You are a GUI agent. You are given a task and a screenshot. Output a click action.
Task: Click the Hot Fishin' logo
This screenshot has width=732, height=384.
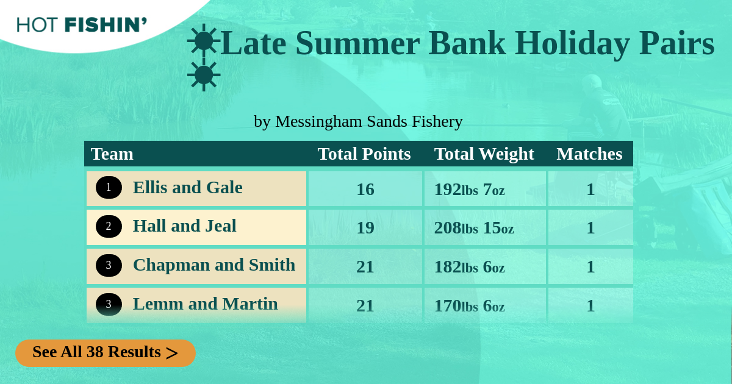[x=82, y=25]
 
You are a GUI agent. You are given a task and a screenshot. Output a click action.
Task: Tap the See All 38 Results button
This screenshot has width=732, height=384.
[x=106, y=353]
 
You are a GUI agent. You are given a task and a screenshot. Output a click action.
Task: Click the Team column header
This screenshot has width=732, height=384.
[x=112, y=154]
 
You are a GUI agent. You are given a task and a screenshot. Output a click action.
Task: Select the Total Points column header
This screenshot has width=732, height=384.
[x=364, y=154]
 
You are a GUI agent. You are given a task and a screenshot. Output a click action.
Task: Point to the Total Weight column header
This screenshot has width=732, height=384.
[x=484, y=154]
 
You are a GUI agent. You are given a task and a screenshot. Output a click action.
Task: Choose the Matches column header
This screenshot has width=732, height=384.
[x=589, y=154]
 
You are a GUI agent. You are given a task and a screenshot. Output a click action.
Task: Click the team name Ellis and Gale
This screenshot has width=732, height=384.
[x=188, y=188]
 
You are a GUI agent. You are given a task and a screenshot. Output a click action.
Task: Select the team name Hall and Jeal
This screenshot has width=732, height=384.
[x=184, y=226]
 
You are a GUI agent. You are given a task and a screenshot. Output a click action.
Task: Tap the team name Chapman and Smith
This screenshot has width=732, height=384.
[x=214, y=265]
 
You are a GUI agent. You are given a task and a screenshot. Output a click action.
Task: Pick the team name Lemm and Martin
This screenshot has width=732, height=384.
[x=205, y=304]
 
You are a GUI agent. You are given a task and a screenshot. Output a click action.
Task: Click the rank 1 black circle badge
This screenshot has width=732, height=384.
[x=109, y=188]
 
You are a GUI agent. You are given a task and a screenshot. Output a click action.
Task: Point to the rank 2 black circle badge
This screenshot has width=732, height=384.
[x=109, y=226]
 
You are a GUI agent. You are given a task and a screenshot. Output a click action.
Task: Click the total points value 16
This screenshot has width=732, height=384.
[x=365, y=190]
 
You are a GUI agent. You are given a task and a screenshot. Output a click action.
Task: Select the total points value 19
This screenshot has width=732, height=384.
[x=365, y=228]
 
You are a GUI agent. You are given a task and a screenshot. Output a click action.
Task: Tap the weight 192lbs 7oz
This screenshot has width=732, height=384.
[x=469, y=190]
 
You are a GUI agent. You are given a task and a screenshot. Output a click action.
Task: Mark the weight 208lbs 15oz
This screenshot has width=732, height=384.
[x=474, y=228]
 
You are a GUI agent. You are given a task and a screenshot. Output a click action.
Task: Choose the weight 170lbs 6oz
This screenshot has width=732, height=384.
[x=469, y=306]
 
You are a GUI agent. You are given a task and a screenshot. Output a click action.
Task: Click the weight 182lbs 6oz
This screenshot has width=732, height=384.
[x=469, y=267]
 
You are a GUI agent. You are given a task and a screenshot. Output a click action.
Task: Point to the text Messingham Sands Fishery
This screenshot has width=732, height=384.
[x=369, y=121]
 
